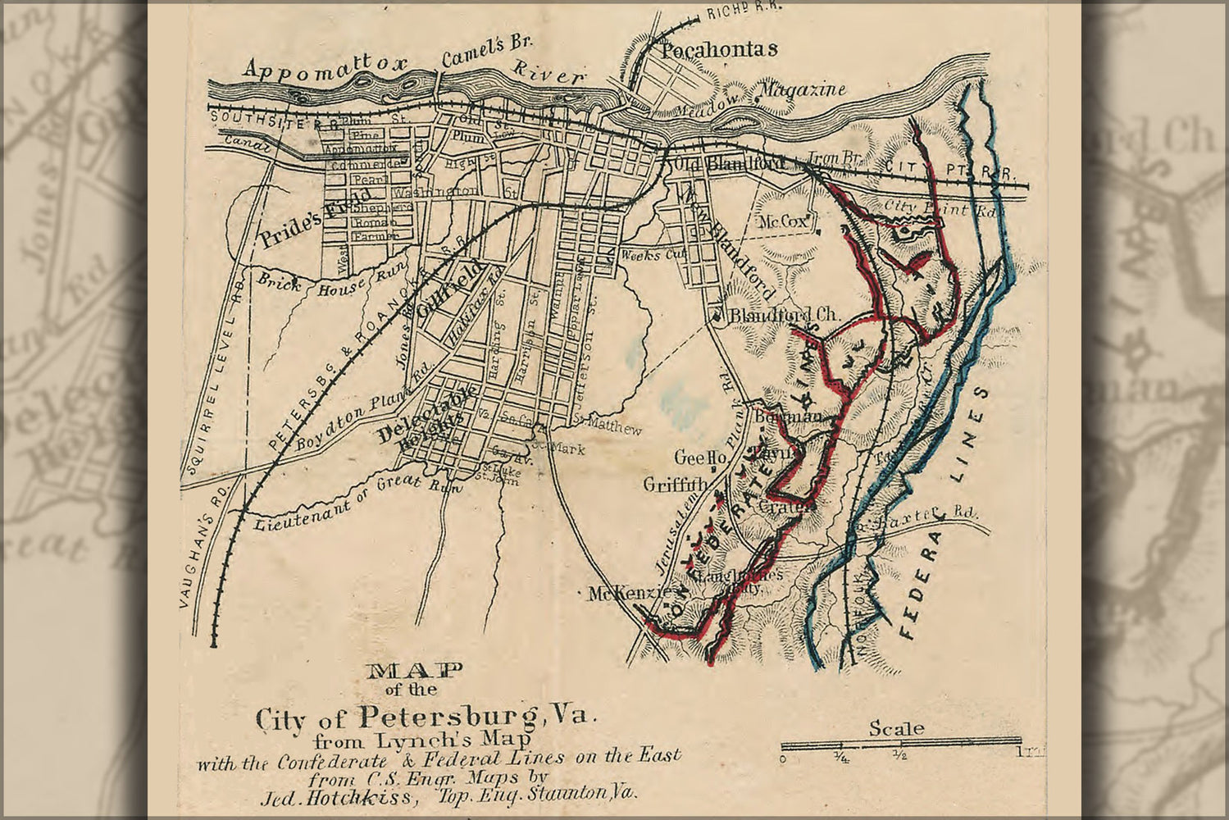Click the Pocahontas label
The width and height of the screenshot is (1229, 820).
click(718, 49)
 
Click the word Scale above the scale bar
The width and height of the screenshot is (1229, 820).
click(896, 728)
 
